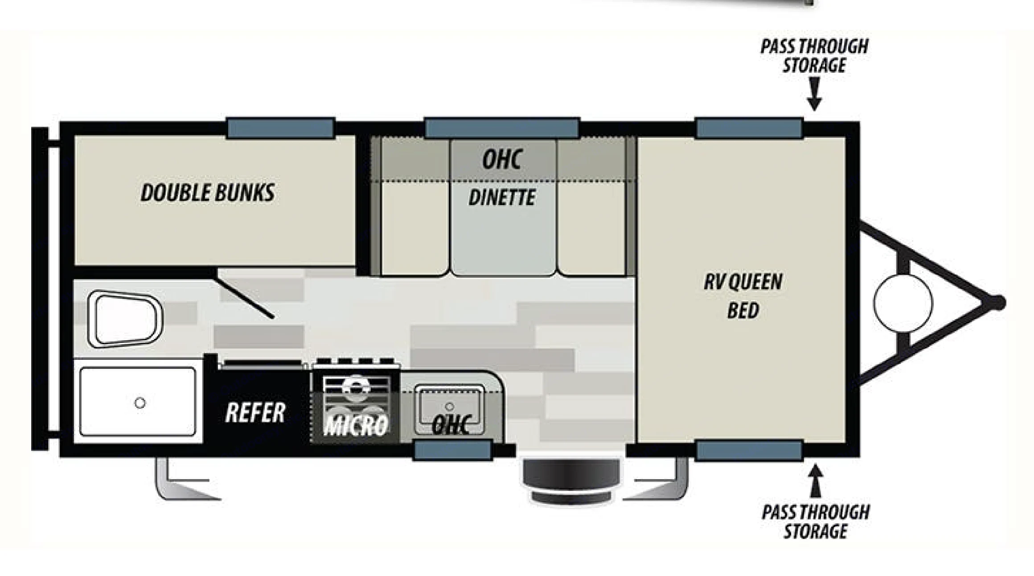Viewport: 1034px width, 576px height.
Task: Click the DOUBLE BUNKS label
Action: [x=207, y=193]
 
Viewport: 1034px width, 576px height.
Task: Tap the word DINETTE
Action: [x=502, y=197]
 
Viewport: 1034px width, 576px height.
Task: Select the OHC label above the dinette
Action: [x=502, y=159]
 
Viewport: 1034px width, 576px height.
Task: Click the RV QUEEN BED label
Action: [x=743, y=296]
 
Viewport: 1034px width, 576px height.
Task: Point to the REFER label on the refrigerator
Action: [x=255, y=412]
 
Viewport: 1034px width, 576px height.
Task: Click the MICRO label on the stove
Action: [x=356, y=426]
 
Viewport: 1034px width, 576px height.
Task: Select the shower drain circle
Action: [x=140, y=403]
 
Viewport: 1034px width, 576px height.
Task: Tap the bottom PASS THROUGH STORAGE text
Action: [x=815, y=521]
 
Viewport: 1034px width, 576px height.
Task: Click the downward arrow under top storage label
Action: [x=814, y=95]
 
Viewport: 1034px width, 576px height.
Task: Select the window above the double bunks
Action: [x=281, y=128]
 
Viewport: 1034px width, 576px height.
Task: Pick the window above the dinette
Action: [x=502, y=128]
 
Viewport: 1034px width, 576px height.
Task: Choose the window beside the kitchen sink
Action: [x=453, y=450]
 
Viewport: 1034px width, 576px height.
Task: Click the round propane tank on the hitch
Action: [x=903, y=303]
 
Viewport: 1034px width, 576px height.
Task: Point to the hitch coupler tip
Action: [x=999, y=302]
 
